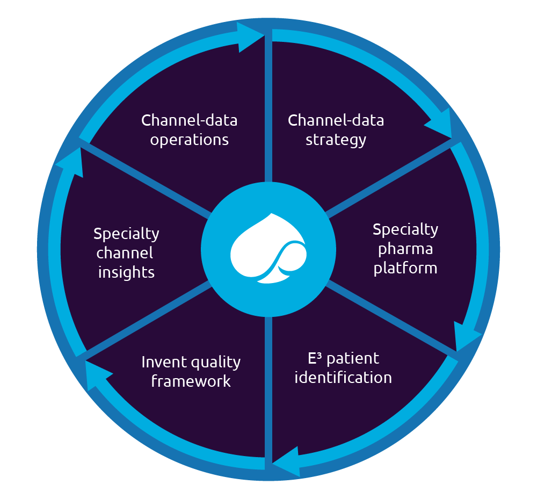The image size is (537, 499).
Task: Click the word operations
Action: point(189,140)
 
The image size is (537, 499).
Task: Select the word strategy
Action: point(336,140)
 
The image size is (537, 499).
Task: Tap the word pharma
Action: point(405,249)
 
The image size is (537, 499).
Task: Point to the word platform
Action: point(405,267)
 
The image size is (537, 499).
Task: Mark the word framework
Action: point(191,381)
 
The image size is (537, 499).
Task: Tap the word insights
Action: point(126,272)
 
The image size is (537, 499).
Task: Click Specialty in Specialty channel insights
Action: point(126,234)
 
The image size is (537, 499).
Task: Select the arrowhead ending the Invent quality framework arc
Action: point(97,374)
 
